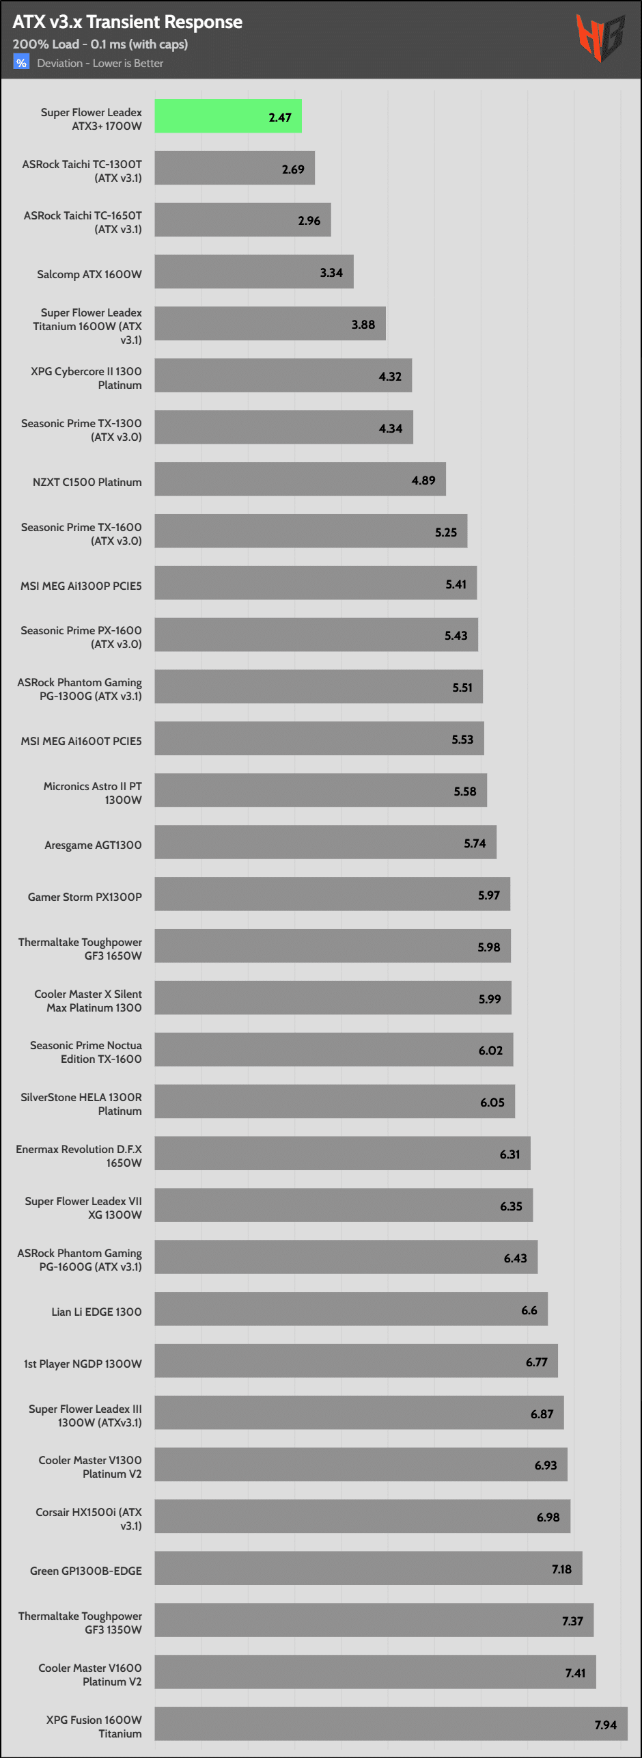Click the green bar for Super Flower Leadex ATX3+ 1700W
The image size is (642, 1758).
click(x=227, y=117)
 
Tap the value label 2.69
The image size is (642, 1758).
click(x=293, y=170)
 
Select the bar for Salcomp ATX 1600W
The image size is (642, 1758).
click(x=253, y=272)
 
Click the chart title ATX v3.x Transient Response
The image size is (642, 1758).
click(x=127, y=22)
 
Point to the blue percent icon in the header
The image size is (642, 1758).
click(x=21, y=63)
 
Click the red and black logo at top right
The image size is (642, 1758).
click(x=600, y=38)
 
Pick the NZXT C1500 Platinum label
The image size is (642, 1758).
click(x=87, y=482)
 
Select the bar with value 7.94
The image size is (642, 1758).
click(x=390, y=1723)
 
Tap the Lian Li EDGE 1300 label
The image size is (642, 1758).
click(x=96, y=1312)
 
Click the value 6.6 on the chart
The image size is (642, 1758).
click(x=529, y=1310)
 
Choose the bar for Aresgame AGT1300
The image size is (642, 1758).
click(x=325, y=842)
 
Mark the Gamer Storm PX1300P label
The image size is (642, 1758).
click(x=85, y=897)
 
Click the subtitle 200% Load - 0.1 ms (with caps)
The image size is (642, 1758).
click(x=100, y=44)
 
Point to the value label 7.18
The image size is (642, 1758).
click(x=561, y=1569)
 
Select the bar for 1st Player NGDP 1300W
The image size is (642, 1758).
click(x=356, y=1361)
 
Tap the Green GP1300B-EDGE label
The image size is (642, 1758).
click(x=86, y=1571)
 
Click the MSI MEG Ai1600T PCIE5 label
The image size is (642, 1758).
click(x=81, y=741)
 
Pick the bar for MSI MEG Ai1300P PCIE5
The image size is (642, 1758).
click(x=316, y=583)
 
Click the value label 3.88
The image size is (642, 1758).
click(x=363, y=325)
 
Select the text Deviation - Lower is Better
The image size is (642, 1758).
click(x=100, y=64)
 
